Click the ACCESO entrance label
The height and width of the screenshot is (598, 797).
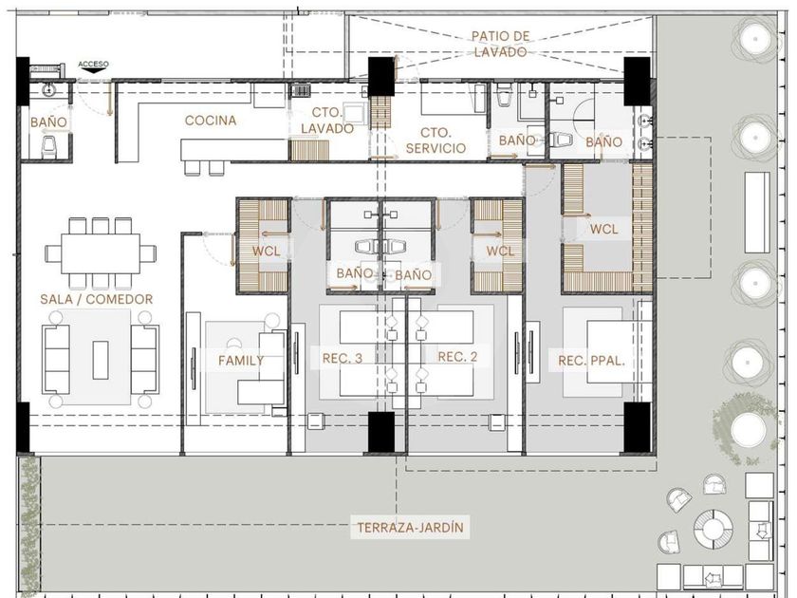click(x=93, y=65)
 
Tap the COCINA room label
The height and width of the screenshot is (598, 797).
click(x=211, y=121)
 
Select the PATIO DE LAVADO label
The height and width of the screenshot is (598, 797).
click(x=500, y=44)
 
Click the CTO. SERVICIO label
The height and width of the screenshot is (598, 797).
click(x=436, y=140)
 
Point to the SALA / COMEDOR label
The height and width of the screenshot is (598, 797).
click(x=97, y=299)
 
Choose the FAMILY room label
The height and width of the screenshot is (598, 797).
click(x=241, y=361)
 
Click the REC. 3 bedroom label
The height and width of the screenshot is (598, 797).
click(x=343, y=359)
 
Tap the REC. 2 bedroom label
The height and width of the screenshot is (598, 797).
click(x=457, y=357)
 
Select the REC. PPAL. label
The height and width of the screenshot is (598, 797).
click(x=591, y=361)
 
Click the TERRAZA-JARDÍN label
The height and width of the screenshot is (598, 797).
click(x=410, y=528)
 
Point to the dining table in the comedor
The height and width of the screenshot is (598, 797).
click(x=101, y=253)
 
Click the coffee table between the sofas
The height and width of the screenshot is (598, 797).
click(x=101, y=360)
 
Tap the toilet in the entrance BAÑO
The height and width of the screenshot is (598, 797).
click(x=48, y=146)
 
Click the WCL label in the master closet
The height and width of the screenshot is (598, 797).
click(x=603, y=230)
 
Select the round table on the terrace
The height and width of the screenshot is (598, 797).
click(x=714, y=529)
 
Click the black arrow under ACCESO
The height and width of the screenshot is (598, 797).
click(x=93, y=71)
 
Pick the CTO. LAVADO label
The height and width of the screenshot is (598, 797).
click(x=326, y=121)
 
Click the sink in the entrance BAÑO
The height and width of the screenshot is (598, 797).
click(x=48, y=90)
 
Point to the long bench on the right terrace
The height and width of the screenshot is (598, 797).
click(x=757, y=212)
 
